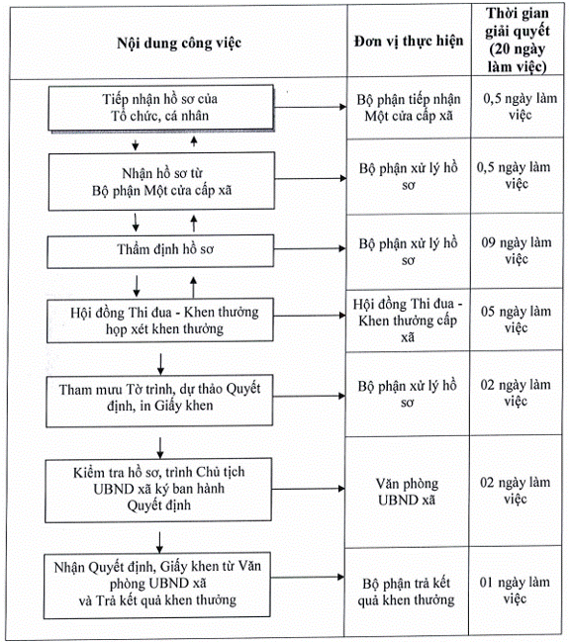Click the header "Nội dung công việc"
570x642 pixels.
tap(179, 43)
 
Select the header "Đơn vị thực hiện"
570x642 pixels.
tap(409, 41)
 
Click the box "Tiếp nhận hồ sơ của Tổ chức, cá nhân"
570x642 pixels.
tap(161, 108)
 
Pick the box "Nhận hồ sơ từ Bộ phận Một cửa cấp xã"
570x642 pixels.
tap(161, 181)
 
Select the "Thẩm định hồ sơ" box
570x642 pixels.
tap(160, 250)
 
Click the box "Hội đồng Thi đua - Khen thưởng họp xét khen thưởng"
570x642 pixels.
tap(160, 321)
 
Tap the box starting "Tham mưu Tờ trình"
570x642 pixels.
tap(159, 401)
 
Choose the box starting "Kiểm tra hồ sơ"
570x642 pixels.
tap(158, 490)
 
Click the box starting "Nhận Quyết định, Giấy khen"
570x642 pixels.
tap(156, 585)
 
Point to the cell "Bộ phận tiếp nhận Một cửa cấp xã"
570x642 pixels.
tap(409, 107)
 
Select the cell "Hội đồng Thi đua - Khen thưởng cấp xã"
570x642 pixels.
tap(408, 321)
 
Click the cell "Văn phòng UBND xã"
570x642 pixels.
tap(407, 492)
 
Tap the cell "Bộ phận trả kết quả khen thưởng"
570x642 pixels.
tap(406, 592)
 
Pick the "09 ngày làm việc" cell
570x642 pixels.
tap(517, 250)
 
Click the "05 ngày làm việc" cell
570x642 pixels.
tap(516, 320)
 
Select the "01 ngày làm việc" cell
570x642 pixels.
tap(515, 591)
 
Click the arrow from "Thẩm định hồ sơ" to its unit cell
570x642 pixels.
tap(310, 248)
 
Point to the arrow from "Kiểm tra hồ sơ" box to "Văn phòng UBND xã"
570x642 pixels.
tap(309, 489)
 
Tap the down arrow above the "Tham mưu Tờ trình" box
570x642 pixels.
tap(160, 364)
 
